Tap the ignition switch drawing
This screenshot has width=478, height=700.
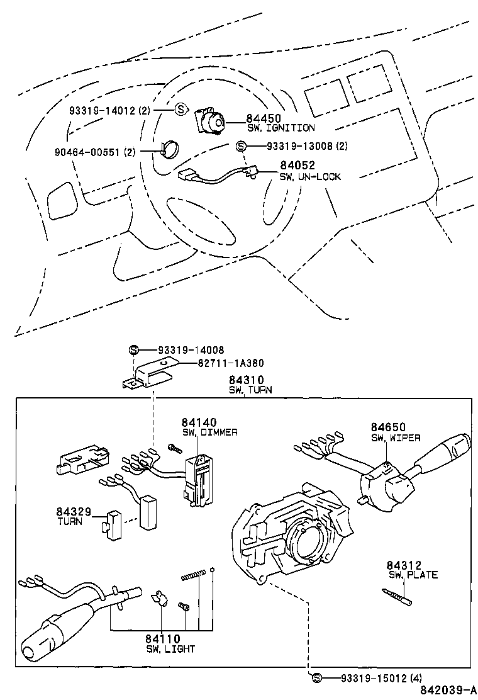212,121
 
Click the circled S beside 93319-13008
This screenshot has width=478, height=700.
240,146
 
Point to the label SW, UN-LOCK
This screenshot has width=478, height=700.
310,177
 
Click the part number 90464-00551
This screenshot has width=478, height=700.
89,152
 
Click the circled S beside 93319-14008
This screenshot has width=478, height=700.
133,350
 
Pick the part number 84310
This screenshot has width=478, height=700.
246,380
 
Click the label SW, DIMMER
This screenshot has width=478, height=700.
209,432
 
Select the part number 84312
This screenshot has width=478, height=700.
404,565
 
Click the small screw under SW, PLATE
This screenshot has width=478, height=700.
397,595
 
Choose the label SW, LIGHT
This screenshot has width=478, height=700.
170,649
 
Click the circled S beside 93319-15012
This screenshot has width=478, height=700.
316,677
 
